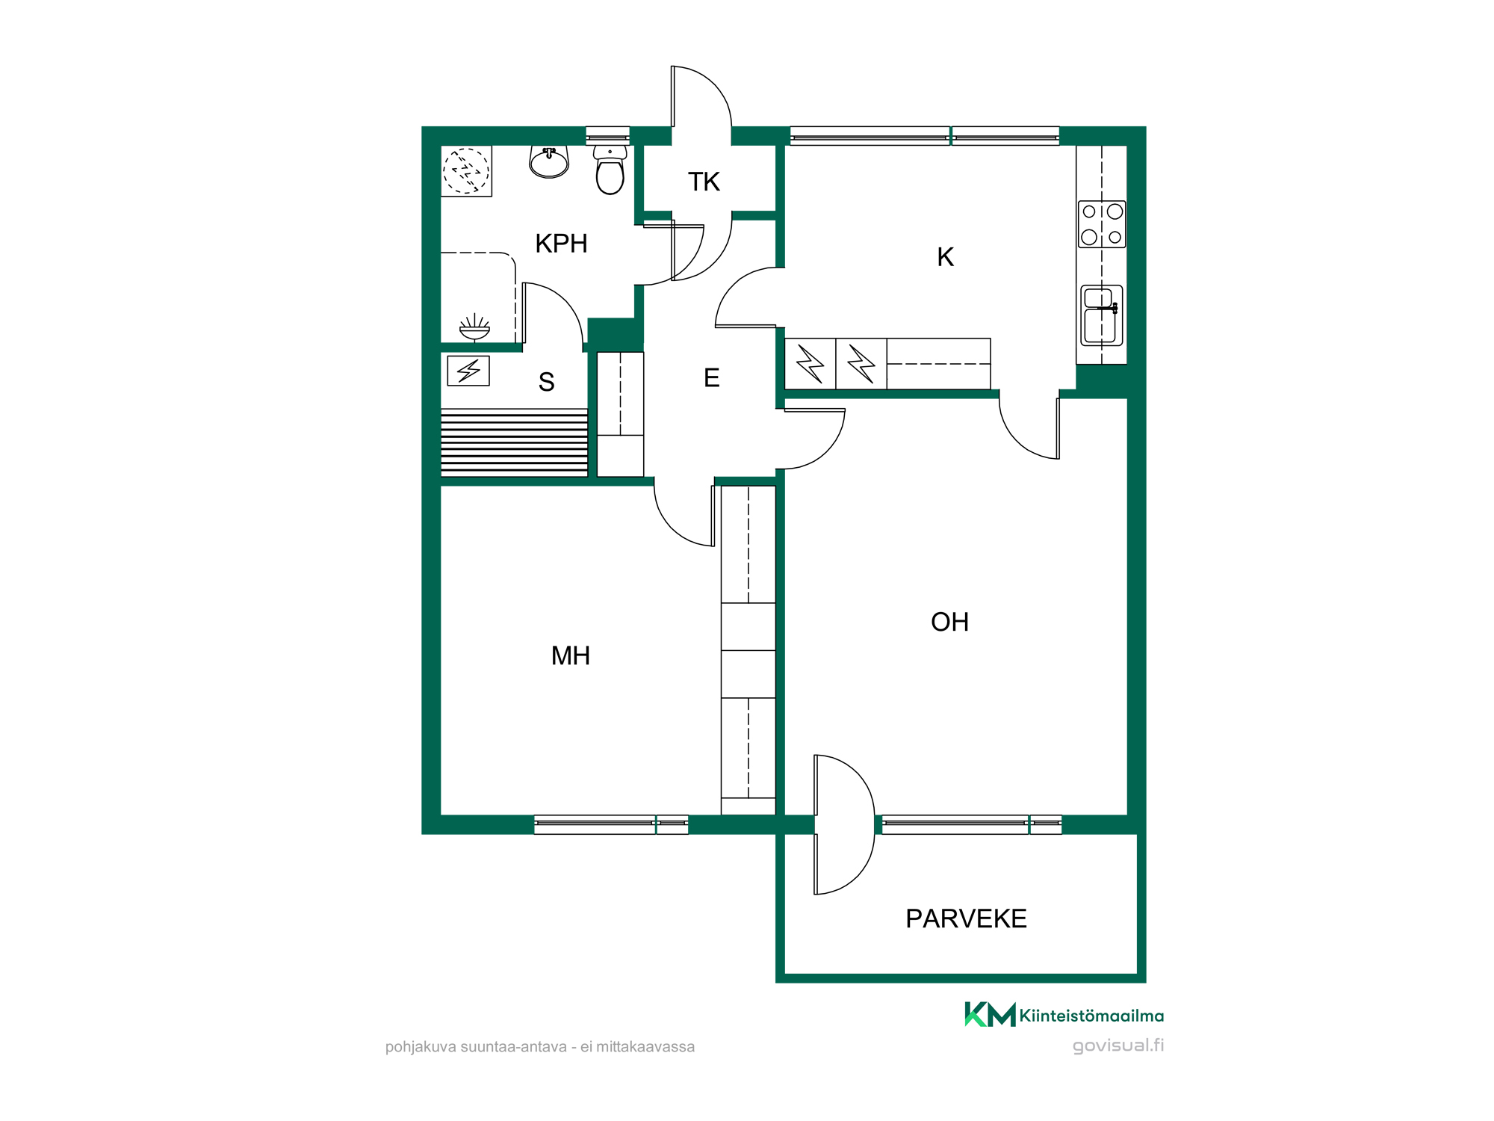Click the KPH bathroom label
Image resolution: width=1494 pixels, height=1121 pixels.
tap(561, 244)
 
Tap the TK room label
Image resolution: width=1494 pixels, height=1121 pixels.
tap(704, 182)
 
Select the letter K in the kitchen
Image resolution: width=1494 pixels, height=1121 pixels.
tap(945, 257)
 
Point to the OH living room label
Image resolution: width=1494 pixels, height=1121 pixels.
tap(949, 622)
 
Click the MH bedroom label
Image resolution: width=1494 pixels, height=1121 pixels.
tap(571, 655)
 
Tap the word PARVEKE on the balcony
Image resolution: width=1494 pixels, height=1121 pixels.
tap(966, 918)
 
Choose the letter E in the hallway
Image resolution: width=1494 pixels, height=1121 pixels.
tap(711, 378)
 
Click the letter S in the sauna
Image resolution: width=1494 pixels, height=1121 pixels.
tap(546, 382)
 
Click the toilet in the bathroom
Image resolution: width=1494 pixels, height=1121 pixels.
tap(610, 170)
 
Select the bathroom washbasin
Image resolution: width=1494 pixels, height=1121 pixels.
tap(549, 162)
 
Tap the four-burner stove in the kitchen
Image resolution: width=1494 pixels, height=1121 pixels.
tap(1102, 224)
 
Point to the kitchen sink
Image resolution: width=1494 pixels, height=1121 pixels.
tap(1102, 315)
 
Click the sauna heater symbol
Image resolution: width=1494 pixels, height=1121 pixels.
tap(468, 371)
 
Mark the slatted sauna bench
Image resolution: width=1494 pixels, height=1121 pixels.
tap(514, 442)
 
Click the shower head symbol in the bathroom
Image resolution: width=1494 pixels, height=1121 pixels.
tap(474, 328)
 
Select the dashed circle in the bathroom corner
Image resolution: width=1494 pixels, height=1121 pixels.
tap(466, 171)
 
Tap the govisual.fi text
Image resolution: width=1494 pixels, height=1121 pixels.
tap(1118, 1046)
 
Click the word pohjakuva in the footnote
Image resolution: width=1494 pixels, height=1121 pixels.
tap(421, 1047)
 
